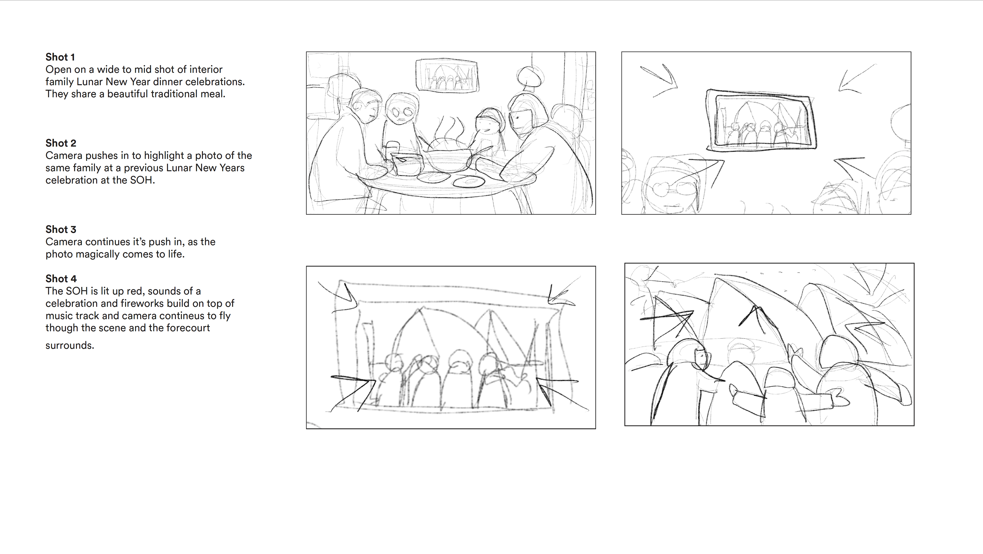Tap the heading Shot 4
tap(61, 279)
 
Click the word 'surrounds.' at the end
tap(70, 346)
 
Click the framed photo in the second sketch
tap(762, 120)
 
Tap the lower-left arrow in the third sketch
tap(353, 393)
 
